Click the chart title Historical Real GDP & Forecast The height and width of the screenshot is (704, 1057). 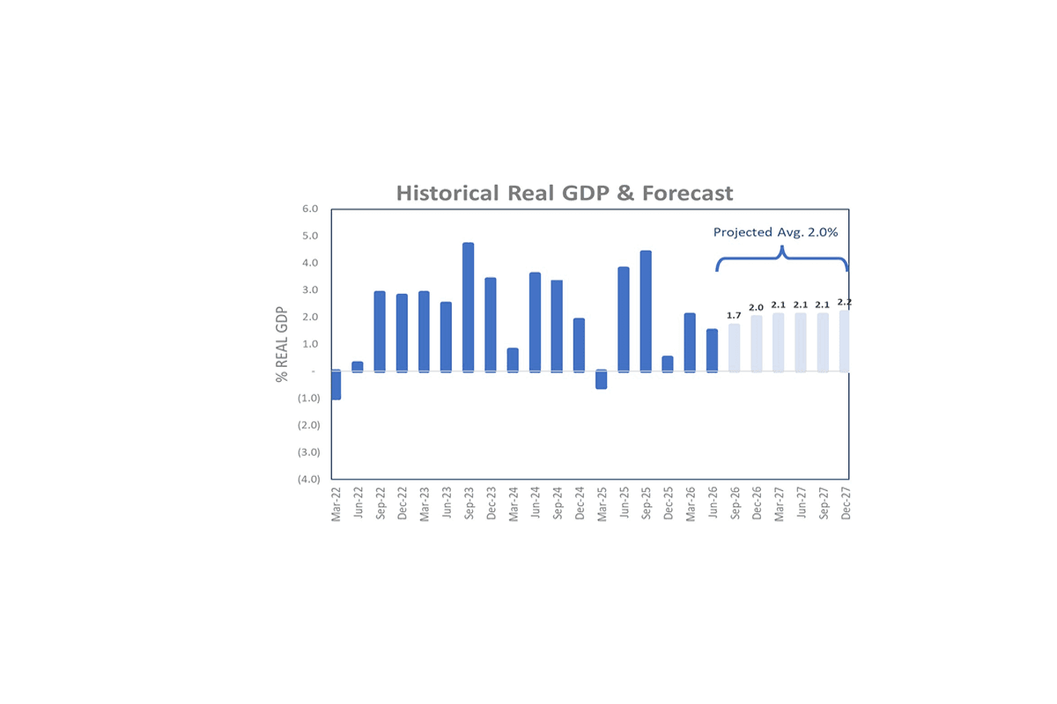coord(565,194)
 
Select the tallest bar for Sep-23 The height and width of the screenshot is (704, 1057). coord(468,307)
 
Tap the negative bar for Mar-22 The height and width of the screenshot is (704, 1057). coord(336,385)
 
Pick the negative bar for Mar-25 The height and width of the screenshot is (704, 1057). coord(601,379)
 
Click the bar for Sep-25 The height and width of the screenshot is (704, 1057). coord(646,312)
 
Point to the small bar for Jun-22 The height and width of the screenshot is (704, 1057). coord(358,367)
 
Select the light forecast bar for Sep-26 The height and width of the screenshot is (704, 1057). coord(735,348)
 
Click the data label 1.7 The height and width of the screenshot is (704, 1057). coord(734,315)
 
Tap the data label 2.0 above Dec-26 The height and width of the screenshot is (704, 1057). coord(756,307)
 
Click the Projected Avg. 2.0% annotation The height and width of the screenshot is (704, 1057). coord(775,232)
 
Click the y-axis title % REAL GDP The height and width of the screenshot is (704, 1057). coord(282,344)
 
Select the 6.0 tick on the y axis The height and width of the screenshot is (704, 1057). coord(310,209)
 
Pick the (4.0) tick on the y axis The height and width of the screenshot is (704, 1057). coord(308,479)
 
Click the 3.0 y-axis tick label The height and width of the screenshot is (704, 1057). coord(310,290)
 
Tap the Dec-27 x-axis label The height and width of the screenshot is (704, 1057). coord(846,503)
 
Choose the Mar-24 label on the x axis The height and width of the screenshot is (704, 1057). coord(514,504)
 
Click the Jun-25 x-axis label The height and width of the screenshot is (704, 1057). coord(624,502)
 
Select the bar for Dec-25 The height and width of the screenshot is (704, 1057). coord(668,364)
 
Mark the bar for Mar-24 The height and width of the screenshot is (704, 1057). coord(513,360)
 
